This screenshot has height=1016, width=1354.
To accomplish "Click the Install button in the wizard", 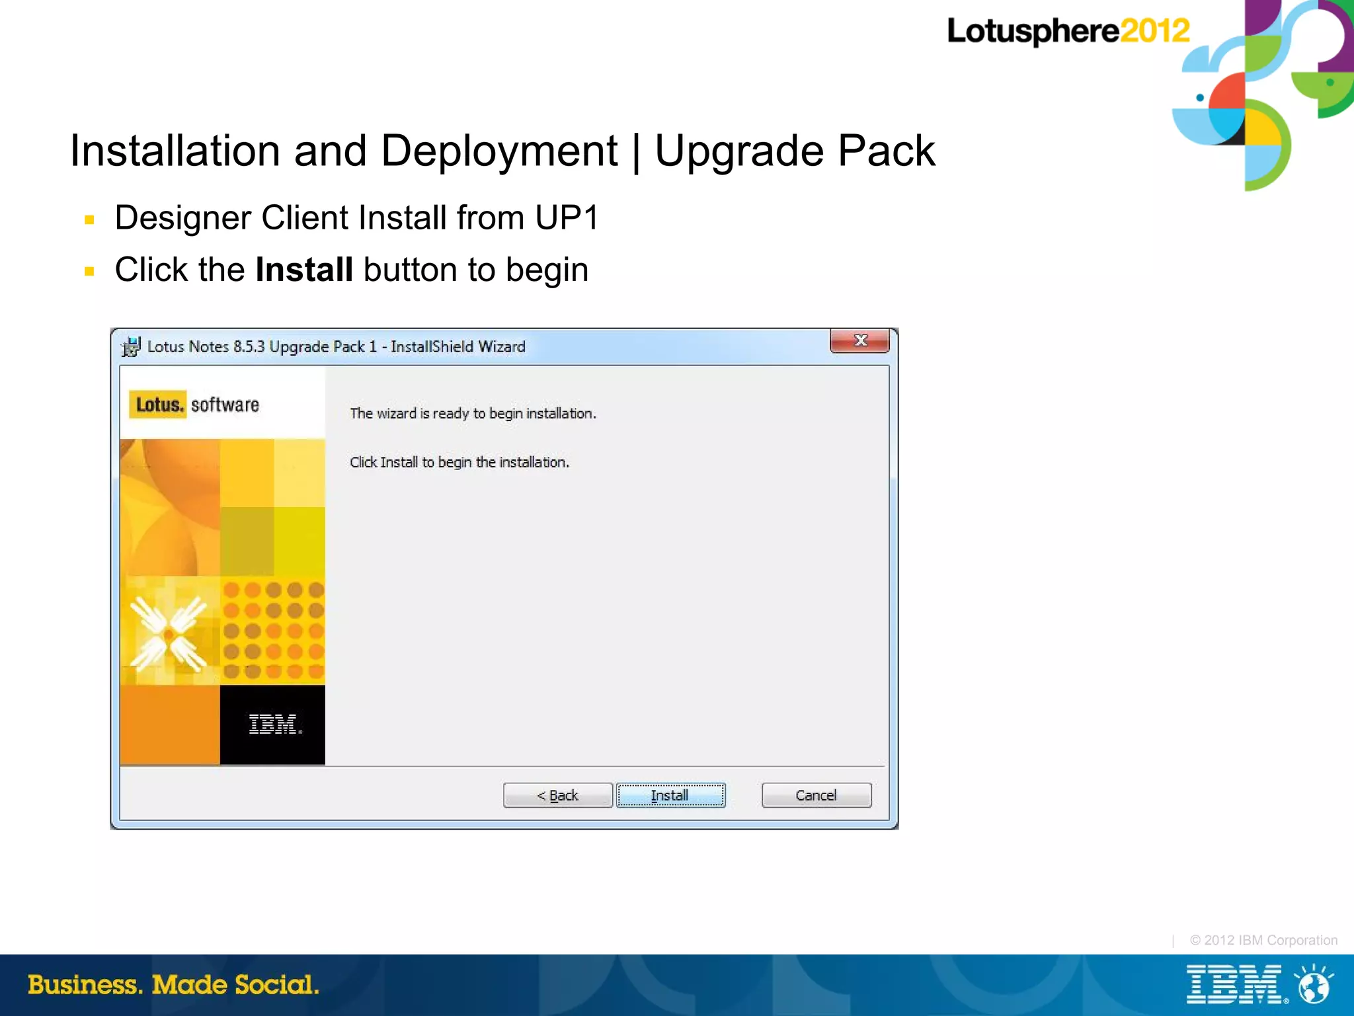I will [x=670, y=795].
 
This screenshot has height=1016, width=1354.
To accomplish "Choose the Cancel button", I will [x=816, y=795].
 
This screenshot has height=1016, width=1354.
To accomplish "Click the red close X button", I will [x=859, y=341].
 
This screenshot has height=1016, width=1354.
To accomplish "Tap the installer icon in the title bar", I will [x=131, y=346].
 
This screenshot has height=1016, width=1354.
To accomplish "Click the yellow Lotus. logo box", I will [x=158, y=405].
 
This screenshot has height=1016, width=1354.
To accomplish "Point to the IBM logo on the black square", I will [x=274, y=724].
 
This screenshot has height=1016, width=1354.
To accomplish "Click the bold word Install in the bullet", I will [x=303, y=270].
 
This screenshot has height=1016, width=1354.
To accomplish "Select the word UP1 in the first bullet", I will [x=567, y=218].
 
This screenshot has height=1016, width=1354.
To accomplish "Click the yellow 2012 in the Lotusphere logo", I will [x=1154, y=31].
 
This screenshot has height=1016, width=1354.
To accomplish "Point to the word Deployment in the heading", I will [x=499, y=151].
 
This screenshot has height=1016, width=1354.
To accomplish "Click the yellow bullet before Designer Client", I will [x=90, y=219].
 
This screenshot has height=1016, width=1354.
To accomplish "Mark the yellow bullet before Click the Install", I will [x=90, y=271].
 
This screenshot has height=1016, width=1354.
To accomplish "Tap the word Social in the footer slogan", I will [x=276, y=985].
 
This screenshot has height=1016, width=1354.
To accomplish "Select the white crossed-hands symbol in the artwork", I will [x=169, y=634].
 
